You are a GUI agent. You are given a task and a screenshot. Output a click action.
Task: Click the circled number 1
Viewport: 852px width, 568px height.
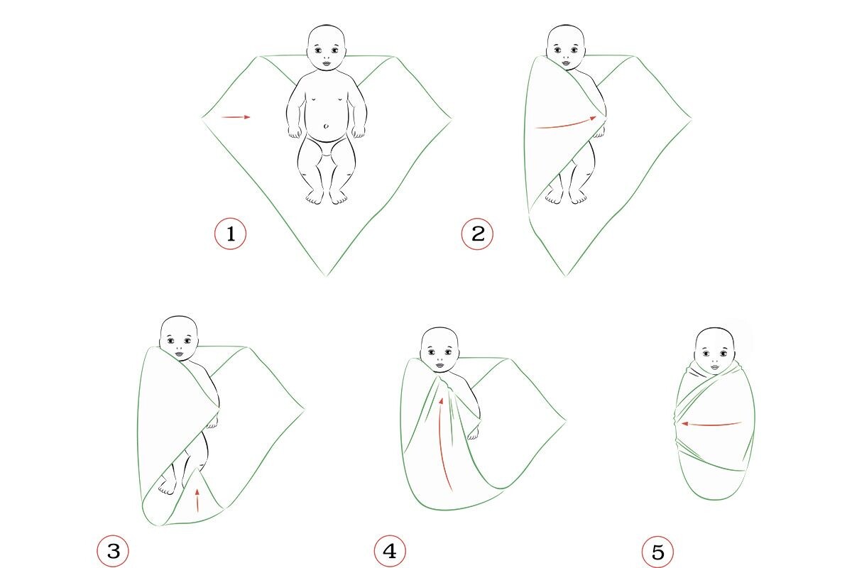pos(230,234)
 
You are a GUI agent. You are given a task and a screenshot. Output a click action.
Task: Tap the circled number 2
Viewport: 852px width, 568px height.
pos(477,234)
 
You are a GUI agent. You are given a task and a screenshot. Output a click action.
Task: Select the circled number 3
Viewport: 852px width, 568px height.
pos(113,551)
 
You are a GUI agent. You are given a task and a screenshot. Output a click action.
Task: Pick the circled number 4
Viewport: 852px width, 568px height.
pos(390,551)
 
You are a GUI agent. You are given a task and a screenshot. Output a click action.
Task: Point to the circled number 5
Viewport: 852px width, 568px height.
pos(657,552)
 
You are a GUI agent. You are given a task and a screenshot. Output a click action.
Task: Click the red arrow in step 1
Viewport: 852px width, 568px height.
pos(236,117)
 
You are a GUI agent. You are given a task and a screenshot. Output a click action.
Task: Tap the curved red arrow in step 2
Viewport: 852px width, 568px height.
pos(566,124)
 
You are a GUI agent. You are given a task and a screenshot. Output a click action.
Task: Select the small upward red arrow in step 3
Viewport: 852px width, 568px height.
pos(197,501)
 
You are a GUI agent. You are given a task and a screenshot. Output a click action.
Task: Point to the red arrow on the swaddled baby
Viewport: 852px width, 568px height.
pos(711,424)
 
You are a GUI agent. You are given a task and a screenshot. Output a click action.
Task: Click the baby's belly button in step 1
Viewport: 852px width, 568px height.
pos(326,126)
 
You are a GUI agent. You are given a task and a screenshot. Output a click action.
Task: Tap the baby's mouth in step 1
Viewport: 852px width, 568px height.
pos(327,64)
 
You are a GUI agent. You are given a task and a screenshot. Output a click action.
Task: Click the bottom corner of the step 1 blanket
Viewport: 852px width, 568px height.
pos(326,275)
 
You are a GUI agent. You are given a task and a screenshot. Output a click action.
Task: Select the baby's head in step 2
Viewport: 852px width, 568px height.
pos(566,47)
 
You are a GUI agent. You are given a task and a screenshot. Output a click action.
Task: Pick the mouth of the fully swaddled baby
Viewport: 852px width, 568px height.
pos(714,368)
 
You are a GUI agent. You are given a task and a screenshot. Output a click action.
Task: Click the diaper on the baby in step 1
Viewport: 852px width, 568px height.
pos(327,146)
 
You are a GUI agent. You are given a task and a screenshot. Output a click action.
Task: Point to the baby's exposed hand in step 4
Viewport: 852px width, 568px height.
pos(473,432)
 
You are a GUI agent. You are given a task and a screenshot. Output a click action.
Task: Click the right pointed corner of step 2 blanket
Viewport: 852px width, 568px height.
pos(691,119)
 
